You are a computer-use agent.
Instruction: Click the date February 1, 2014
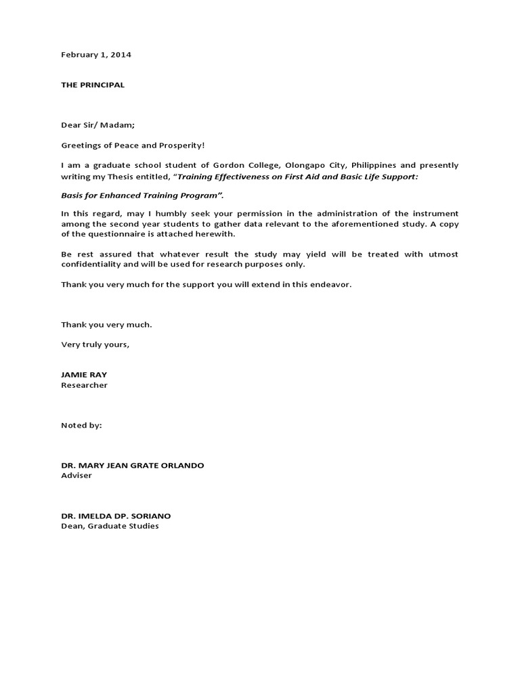[96, 55]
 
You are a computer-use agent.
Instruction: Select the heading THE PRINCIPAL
[93, 85]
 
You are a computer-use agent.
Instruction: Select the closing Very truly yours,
[95, 344]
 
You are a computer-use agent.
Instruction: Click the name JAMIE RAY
[84, 375]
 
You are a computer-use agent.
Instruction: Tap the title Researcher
[84, 385]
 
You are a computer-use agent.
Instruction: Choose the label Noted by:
[81, 425]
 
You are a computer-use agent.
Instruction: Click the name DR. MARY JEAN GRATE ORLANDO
[132, 466]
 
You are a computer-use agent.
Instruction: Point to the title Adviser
[76, 476]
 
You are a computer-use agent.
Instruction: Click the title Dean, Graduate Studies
[110, 526]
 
